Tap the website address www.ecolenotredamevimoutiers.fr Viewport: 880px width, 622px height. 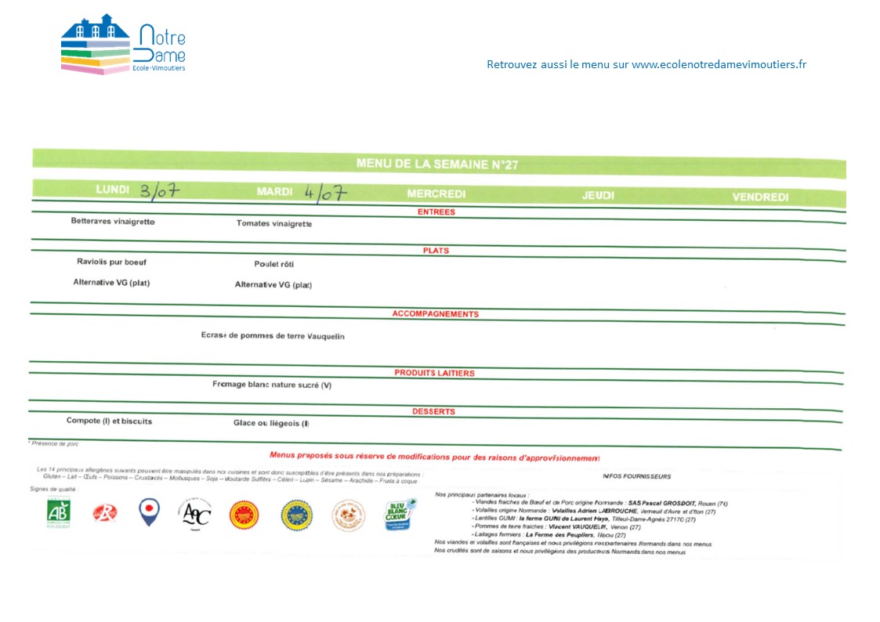point(719,65)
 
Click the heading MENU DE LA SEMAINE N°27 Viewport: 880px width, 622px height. point(436,165)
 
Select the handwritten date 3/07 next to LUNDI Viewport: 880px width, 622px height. point(161,190)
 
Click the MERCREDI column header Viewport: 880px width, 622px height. point(436,193)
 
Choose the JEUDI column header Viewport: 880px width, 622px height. point(598,195)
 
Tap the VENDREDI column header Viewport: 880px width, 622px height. point(760,197)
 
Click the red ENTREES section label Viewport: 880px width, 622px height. point(436,212)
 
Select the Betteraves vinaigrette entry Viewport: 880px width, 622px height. point(113,222)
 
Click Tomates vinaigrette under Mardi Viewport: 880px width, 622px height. point(274,224)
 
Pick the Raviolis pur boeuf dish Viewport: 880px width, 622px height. point(111,262)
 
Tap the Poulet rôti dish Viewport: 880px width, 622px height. point(274,264)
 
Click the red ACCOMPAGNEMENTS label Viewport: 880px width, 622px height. point(435,314)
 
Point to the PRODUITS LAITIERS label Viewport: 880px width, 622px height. point(434,373)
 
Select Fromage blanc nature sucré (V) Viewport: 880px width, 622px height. point(272,385)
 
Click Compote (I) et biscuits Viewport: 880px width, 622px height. point(109,421)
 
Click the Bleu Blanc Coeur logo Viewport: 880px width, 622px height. point(399,515)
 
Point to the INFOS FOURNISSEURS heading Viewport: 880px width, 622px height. point(636,476)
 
